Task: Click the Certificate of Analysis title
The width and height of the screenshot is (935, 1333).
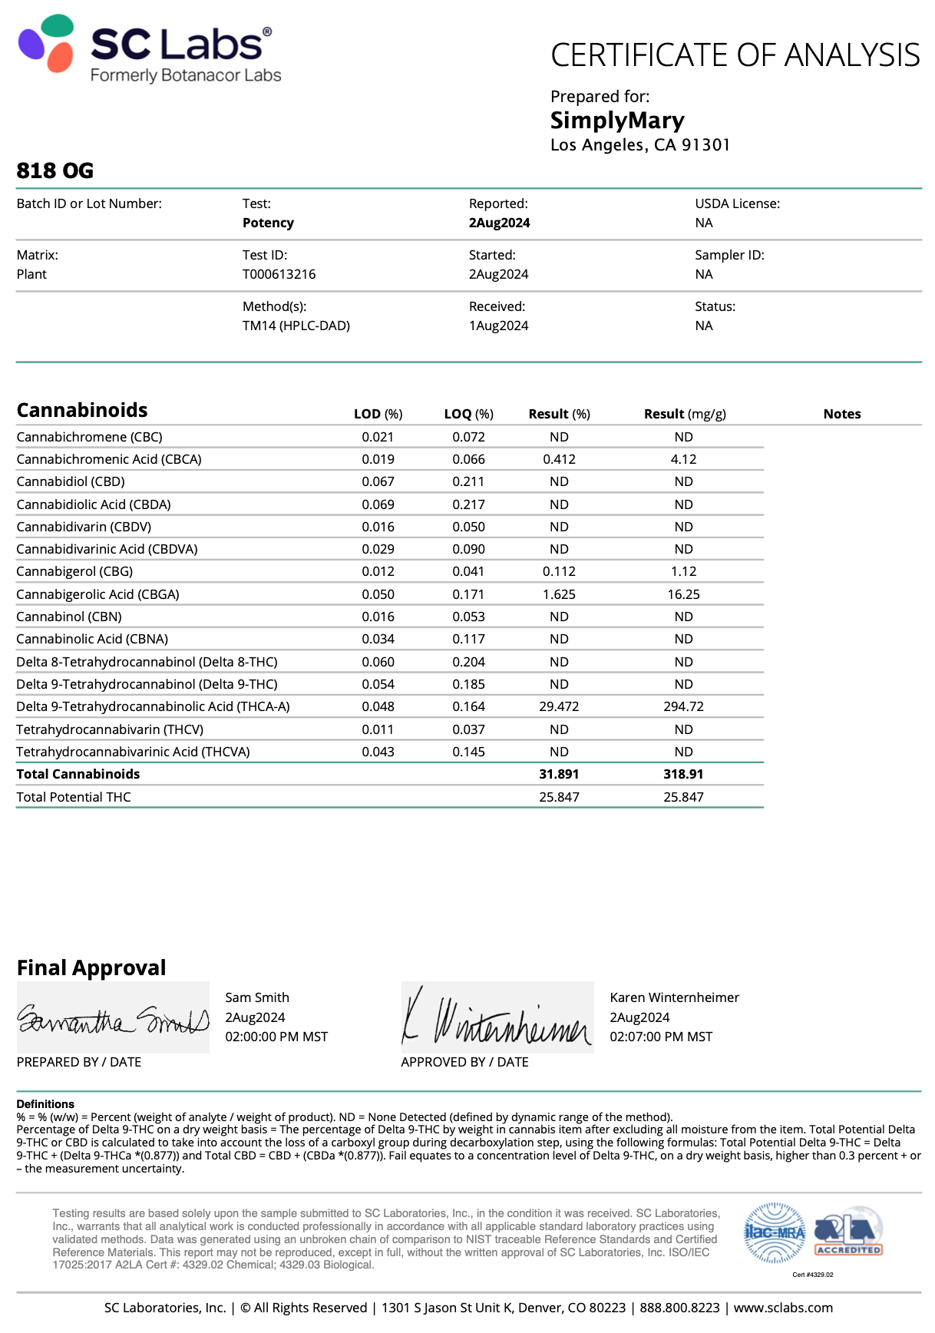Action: click(x=735, y=55)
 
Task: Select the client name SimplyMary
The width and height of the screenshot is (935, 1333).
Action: click(x=617, y=121)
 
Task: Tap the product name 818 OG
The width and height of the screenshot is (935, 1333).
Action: click(x=55, y=170)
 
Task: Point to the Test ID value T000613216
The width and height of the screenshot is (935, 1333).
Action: click(x=279, y=274)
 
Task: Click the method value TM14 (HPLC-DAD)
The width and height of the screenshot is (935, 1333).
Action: click(x=296, y=326)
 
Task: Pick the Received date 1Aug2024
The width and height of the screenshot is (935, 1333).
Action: click(x=498, y=326)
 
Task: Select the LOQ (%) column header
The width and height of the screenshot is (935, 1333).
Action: click(x=468, y=414)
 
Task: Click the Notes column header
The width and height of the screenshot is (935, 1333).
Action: click(x=841, y=414)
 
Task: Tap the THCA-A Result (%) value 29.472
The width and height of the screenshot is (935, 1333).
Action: click(x=559, y=706)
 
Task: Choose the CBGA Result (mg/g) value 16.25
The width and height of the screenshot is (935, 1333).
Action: click(x=683, y=594)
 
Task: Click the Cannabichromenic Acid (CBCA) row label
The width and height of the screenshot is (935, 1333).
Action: click(x=109, y=459)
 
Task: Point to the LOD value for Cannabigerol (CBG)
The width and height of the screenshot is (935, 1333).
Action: click(x=378, y=571)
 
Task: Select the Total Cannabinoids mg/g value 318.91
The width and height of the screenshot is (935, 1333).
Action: click(x=683, y=774)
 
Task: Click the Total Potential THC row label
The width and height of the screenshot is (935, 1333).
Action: click(x=74, y=797)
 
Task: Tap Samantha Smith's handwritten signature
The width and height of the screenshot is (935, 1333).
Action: click(x=113, y=1018)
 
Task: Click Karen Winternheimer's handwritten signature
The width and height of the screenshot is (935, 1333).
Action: click(x=497, y=1018)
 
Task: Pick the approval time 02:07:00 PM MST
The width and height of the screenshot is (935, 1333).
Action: click(x=661, y=1037)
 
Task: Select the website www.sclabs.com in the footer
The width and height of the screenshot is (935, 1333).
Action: click(x=783, y=1308)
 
